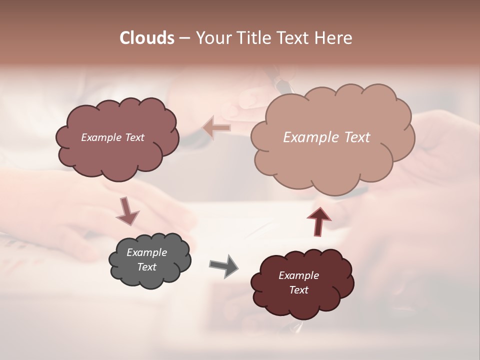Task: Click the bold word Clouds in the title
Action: (146, 38)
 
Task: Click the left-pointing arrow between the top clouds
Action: (216, 128)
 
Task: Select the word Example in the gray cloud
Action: (146, 252)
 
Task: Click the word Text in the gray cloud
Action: (146, 267)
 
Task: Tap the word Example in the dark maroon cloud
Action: (298, 275)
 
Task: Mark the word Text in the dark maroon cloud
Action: (298, 290)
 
